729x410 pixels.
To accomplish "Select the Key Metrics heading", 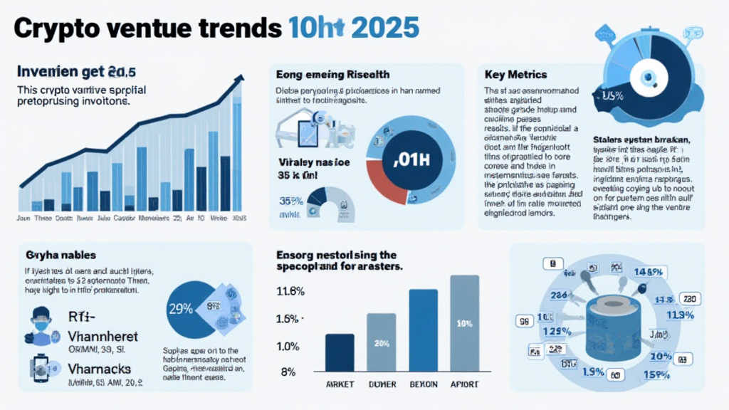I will click(515, 74).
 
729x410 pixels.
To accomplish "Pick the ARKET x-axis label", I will click(339, 384).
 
